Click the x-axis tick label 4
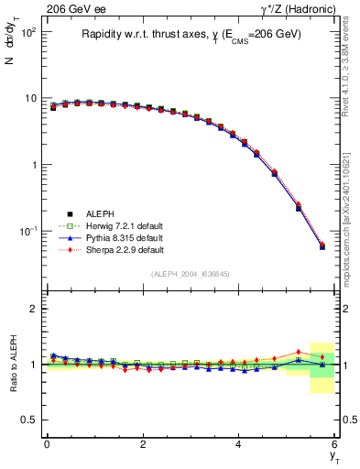click(239, 444)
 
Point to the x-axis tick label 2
click(143, 444)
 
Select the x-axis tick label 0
click(47, 444)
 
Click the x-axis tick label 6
click(335, 444)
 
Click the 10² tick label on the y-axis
click(27, 32)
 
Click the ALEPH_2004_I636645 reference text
click(191, 274)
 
